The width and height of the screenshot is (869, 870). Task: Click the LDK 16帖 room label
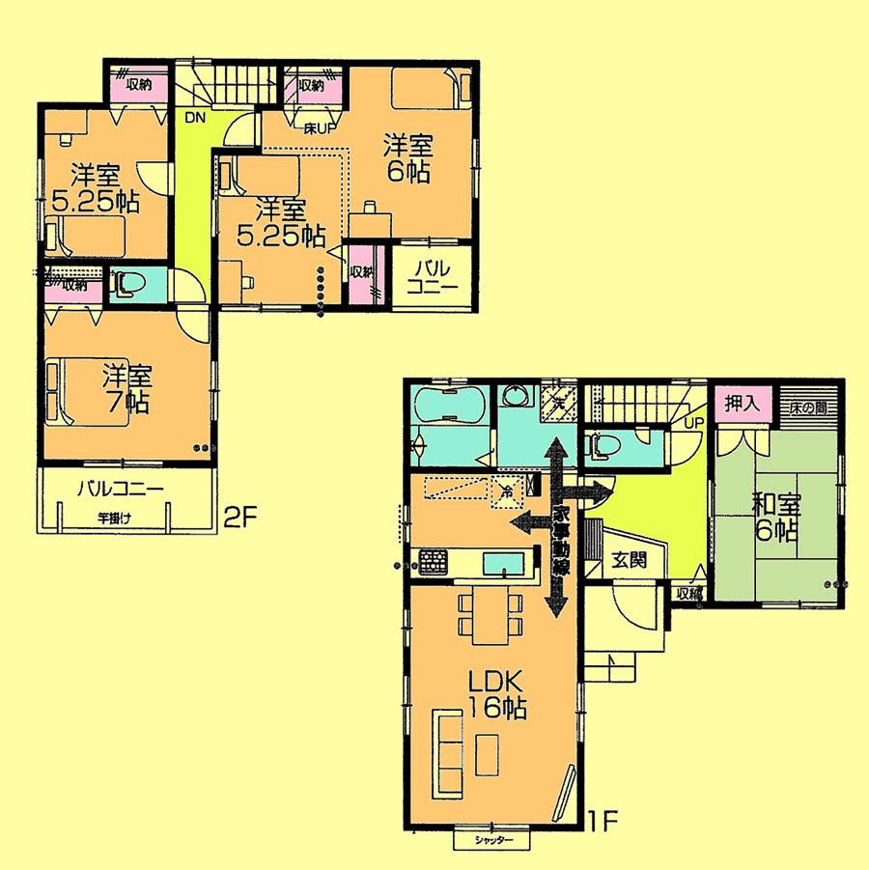(497, 693)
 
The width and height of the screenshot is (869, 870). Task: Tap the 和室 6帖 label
(775, 517)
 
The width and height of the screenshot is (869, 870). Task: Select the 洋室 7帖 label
(126, 387)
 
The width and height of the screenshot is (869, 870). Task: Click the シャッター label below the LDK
(492, 840)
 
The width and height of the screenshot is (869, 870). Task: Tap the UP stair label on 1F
(693, 423)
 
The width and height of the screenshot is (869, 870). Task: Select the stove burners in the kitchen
(432, 560)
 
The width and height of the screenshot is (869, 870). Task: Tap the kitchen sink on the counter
(502, 561)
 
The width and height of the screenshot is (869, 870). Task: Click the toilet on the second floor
(126, 285)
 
